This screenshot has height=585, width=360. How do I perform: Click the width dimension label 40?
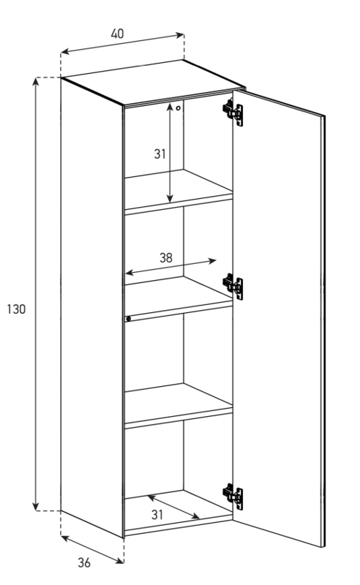[x=117, y=34]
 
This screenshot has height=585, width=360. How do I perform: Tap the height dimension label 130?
[x=16, y=309]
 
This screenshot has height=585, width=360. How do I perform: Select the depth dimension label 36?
[x=84, y=562]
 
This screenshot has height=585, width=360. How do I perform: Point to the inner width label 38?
[x=166, y=258]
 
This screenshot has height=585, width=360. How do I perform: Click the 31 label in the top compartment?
[x=160, y=154]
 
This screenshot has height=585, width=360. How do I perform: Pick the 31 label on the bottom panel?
[x=157, y=515]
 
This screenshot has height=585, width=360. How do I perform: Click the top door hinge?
[x=233, y=112]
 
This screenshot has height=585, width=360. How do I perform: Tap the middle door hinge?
[x=233, y=286]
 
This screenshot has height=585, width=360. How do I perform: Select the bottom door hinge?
[x=233, y=497]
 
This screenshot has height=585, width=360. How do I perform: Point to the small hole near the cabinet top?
[x=178, y=108]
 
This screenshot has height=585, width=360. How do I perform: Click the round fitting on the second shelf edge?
[x=129, y=319]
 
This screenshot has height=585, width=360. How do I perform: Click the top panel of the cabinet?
[x=153, y=81]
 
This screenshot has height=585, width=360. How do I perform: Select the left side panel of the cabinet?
[x=92, y=308]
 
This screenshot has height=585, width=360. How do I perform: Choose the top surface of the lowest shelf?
[x=179, y=404]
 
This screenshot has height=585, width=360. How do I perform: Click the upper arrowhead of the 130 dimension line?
[x=35, y=81]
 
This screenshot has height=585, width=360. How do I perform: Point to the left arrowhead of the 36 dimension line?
[x=64, y=538]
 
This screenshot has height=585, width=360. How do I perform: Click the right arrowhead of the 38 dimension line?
[x=212, y=261]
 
